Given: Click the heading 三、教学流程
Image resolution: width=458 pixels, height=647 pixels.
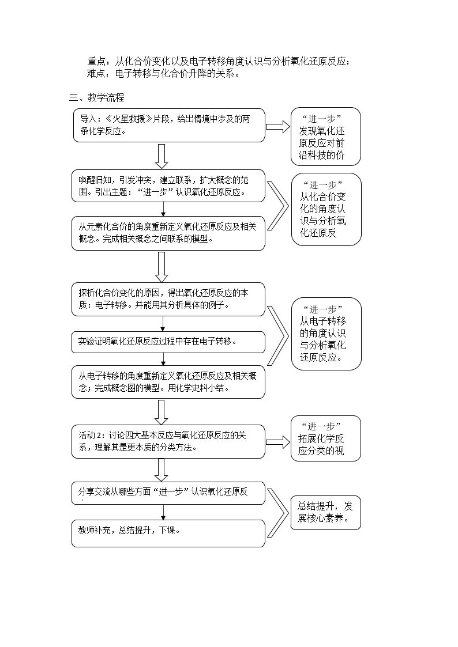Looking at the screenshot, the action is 97,98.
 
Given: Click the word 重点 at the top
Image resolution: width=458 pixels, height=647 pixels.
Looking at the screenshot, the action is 96,62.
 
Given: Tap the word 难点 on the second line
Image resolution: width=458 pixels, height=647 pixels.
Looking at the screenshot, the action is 96,73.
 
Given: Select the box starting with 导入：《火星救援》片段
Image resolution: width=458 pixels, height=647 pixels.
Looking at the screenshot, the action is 169,126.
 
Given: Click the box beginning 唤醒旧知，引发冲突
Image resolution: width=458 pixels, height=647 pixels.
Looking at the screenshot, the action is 168,186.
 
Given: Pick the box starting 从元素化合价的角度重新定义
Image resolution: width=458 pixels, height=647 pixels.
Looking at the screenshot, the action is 168,233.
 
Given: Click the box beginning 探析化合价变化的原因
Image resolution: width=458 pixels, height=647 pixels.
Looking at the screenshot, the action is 168,300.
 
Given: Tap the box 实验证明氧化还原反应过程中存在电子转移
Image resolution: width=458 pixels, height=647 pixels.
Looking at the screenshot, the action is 168,342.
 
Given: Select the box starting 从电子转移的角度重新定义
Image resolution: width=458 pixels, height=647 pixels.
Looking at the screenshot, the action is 168,382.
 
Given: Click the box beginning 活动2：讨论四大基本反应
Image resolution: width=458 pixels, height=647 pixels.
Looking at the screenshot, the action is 168,441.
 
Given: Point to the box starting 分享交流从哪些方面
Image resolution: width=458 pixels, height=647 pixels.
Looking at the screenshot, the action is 168,493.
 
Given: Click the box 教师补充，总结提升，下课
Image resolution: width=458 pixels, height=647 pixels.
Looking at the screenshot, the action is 168,534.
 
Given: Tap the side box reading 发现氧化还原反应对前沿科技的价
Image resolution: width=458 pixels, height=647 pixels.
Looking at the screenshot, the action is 326,137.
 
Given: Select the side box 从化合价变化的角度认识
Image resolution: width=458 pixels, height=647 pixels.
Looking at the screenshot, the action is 326,210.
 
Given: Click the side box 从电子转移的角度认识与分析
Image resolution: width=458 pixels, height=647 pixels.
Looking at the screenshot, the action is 326,334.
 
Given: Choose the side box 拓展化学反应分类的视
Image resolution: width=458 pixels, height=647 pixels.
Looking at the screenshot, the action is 326,438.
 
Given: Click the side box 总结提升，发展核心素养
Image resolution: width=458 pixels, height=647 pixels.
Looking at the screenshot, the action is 326,513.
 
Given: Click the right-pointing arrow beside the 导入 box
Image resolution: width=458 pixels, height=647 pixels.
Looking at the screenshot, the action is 278,127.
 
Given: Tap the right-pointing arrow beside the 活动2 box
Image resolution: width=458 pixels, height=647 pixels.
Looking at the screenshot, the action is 278,442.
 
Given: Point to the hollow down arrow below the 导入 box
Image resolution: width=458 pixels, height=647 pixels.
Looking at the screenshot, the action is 162,156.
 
